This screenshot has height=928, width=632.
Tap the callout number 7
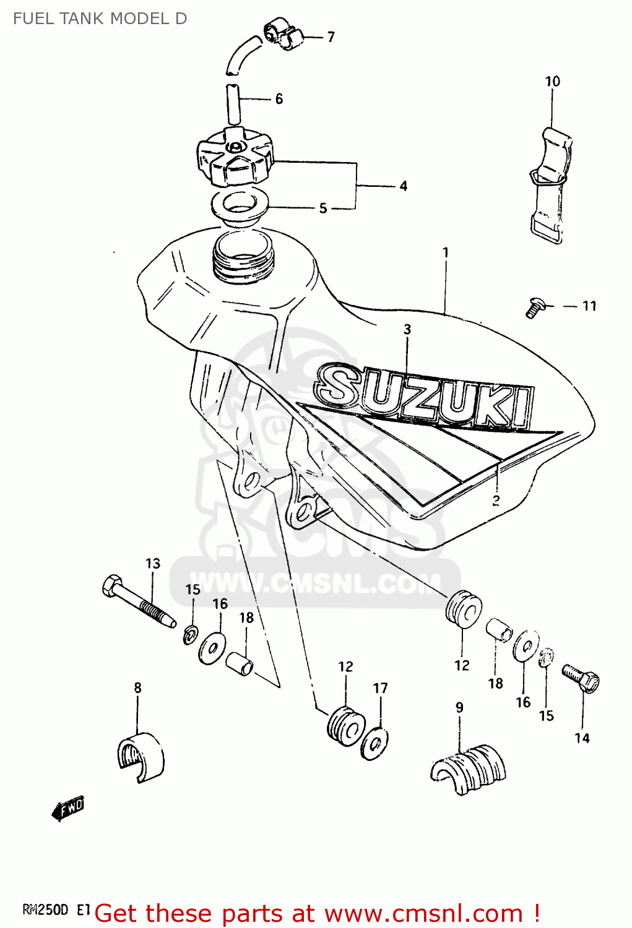click(331, 37)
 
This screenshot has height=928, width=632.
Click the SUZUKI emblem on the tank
click(424, 396)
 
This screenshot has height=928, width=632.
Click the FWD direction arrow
click(68, 807)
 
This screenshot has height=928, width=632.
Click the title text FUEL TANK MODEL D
click(100, 19)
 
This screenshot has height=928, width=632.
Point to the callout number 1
click(446, 252)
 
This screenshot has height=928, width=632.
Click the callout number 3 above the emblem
click(407, 329)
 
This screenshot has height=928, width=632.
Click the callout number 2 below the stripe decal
click(496, 501)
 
